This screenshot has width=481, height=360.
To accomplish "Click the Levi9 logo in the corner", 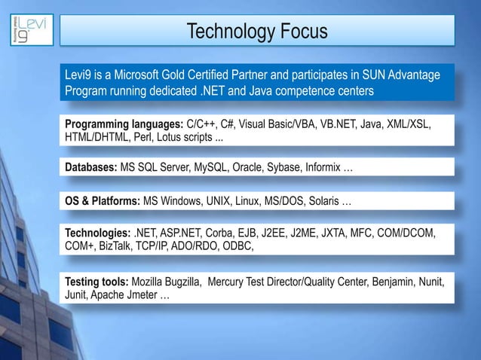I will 28,29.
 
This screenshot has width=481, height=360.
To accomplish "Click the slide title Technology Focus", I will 256,32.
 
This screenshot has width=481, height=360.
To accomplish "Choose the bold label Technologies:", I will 97,232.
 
